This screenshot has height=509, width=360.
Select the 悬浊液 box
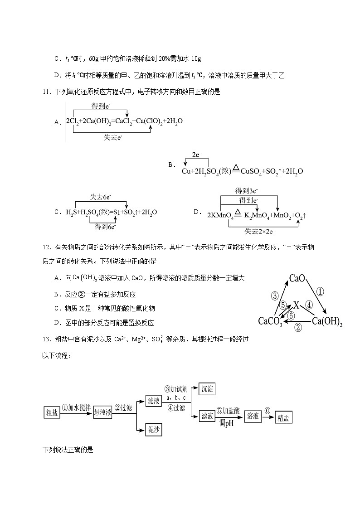point(102,412)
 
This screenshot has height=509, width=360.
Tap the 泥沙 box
point(154,429)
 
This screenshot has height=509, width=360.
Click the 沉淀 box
point(206,389)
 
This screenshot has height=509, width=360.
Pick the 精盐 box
point(282,417)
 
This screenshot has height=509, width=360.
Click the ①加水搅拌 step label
point(76,408)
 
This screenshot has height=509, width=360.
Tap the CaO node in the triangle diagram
point(297,278)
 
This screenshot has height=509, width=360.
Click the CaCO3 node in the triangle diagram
point(271,321)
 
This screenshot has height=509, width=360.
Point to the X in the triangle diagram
point(297,305)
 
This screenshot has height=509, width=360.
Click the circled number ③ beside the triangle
point(274,296)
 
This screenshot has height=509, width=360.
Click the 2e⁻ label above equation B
point(196,155)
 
